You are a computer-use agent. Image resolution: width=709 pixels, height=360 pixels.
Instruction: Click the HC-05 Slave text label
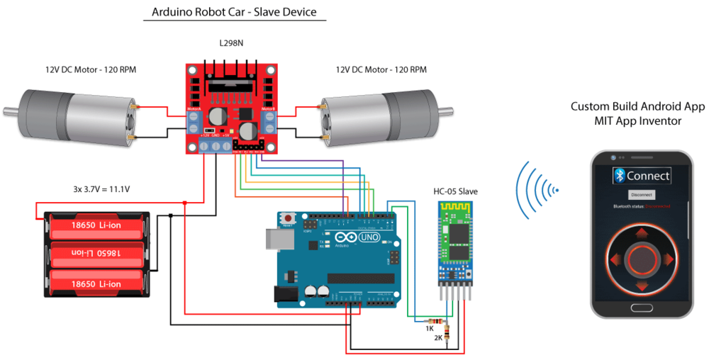pyautogui.click(x=454, y=191)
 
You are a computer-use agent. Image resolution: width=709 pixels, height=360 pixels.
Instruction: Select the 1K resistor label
pyautogui.click(x=430, y=328)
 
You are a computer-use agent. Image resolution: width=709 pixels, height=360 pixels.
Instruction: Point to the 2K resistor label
pyautogui.click(x=438, y=338)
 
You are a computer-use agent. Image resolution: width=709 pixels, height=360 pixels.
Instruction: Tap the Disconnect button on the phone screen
pyautogui.click(x=641, y=194)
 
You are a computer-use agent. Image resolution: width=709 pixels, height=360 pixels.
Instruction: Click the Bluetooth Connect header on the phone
pyautogui.click(x=641, y=176)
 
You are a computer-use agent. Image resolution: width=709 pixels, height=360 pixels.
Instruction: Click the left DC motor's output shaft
pyautogui.click(x=10, y=111)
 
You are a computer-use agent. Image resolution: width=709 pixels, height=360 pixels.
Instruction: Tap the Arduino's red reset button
pyautogui.click(x=289, y=218)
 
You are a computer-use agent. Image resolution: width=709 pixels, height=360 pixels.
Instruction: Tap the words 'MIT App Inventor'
pyautogui.click(x=638, y=121)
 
